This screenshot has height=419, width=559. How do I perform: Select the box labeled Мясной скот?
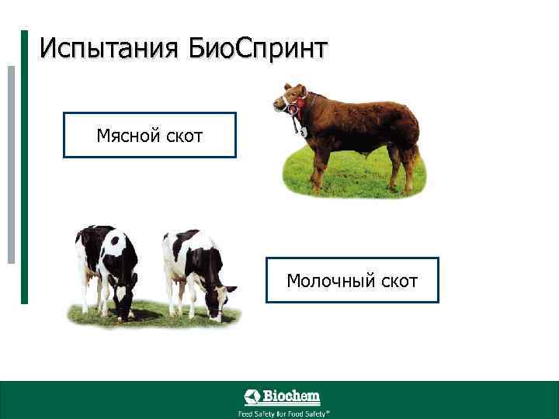[x=149, y=135]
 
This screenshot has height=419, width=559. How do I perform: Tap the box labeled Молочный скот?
[x=352, y=280]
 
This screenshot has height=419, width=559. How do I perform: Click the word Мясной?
[x=128, y=137]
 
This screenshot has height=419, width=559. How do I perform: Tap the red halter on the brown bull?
[x=295, y=105]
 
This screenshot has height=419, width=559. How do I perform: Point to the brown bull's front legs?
[x=319, y=167]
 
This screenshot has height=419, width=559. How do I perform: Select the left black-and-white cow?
[x=105, y=268]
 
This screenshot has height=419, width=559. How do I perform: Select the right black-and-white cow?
[x=194, y=268]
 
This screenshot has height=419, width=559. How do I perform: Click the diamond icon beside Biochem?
[x=253, y=397]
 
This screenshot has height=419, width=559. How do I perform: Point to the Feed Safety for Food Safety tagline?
[x=283, y=413]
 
